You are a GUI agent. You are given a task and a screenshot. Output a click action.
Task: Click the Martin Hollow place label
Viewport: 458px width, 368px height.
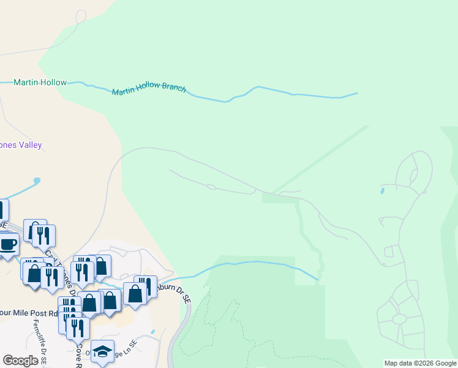40,82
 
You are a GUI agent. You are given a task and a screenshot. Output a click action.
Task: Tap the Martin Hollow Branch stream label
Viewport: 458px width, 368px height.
148,90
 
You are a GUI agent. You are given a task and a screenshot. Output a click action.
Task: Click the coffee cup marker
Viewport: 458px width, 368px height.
7,244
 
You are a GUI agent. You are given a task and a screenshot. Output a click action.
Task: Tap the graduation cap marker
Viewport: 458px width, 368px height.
103,351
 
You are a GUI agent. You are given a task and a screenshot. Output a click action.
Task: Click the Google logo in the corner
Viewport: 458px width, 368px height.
20,361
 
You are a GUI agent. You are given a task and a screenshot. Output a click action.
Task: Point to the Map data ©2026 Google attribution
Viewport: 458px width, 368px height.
420,363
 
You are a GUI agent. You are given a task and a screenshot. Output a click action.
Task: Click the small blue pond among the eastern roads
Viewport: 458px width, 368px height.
383,191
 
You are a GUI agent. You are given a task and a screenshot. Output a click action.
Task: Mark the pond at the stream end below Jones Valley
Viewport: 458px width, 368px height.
37,181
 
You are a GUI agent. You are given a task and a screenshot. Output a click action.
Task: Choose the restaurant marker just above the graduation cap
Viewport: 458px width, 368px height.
78,328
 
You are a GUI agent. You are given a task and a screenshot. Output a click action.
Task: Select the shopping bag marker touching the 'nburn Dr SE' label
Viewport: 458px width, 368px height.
135,294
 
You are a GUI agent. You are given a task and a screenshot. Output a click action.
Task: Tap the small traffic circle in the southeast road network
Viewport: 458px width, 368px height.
399,319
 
